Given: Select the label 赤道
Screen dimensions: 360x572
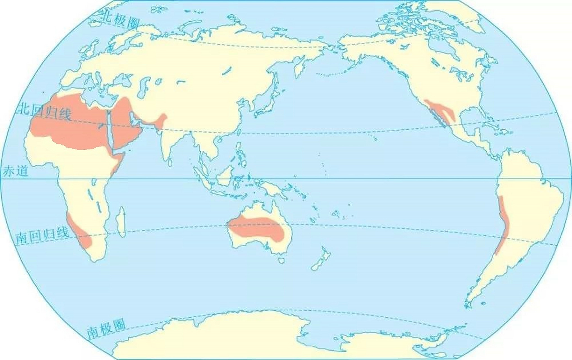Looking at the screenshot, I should (15, 171).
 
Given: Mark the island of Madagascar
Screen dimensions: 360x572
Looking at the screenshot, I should (121, 222).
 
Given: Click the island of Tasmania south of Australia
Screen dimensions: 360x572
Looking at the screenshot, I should (281, 260).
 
